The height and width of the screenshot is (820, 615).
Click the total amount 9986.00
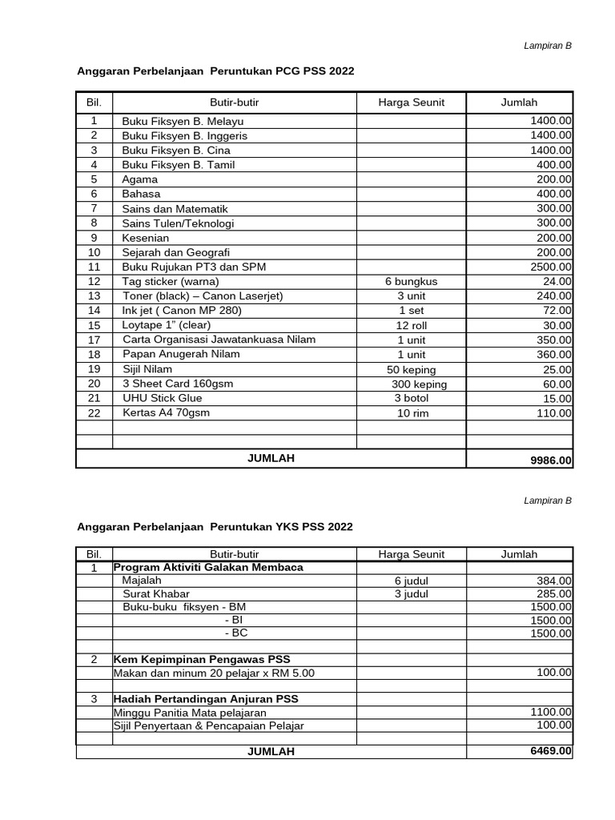tap(551, 460)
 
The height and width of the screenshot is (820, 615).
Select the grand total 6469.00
tap(551, 751)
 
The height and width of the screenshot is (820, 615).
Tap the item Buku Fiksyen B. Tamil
tap(178, 165)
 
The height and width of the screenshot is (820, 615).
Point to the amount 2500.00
tap(551, 267)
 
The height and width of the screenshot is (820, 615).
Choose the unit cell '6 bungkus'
tap(411, 281)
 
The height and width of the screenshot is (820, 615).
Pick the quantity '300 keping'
tap(414, 384)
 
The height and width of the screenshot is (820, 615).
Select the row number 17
tap(94, 340)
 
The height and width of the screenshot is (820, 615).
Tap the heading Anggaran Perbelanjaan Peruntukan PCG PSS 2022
tap(215, 71)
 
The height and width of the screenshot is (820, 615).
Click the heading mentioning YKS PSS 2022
tap(214, 527)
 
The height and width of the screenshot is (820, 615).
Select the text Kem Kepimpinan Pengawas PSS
tap(202, 659)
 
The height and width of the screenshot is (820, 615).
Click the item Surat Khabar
tap(153, 594)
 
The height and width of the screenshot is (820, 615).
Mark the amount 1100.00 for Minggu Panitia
tap(551, 711)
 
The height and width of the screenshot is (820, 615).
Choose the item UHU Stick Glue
tap(162, 398)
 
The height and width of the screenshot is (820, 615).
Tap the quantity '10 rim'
tap(411, 413)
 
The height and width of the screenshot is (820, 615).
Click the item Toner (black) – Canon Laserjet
tap(203, 295)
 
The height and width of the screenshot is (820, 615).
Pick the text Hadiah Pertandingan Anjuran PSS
tap(206, 699)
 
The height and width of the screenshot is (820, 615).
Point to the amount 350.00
tap(554, 340)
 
